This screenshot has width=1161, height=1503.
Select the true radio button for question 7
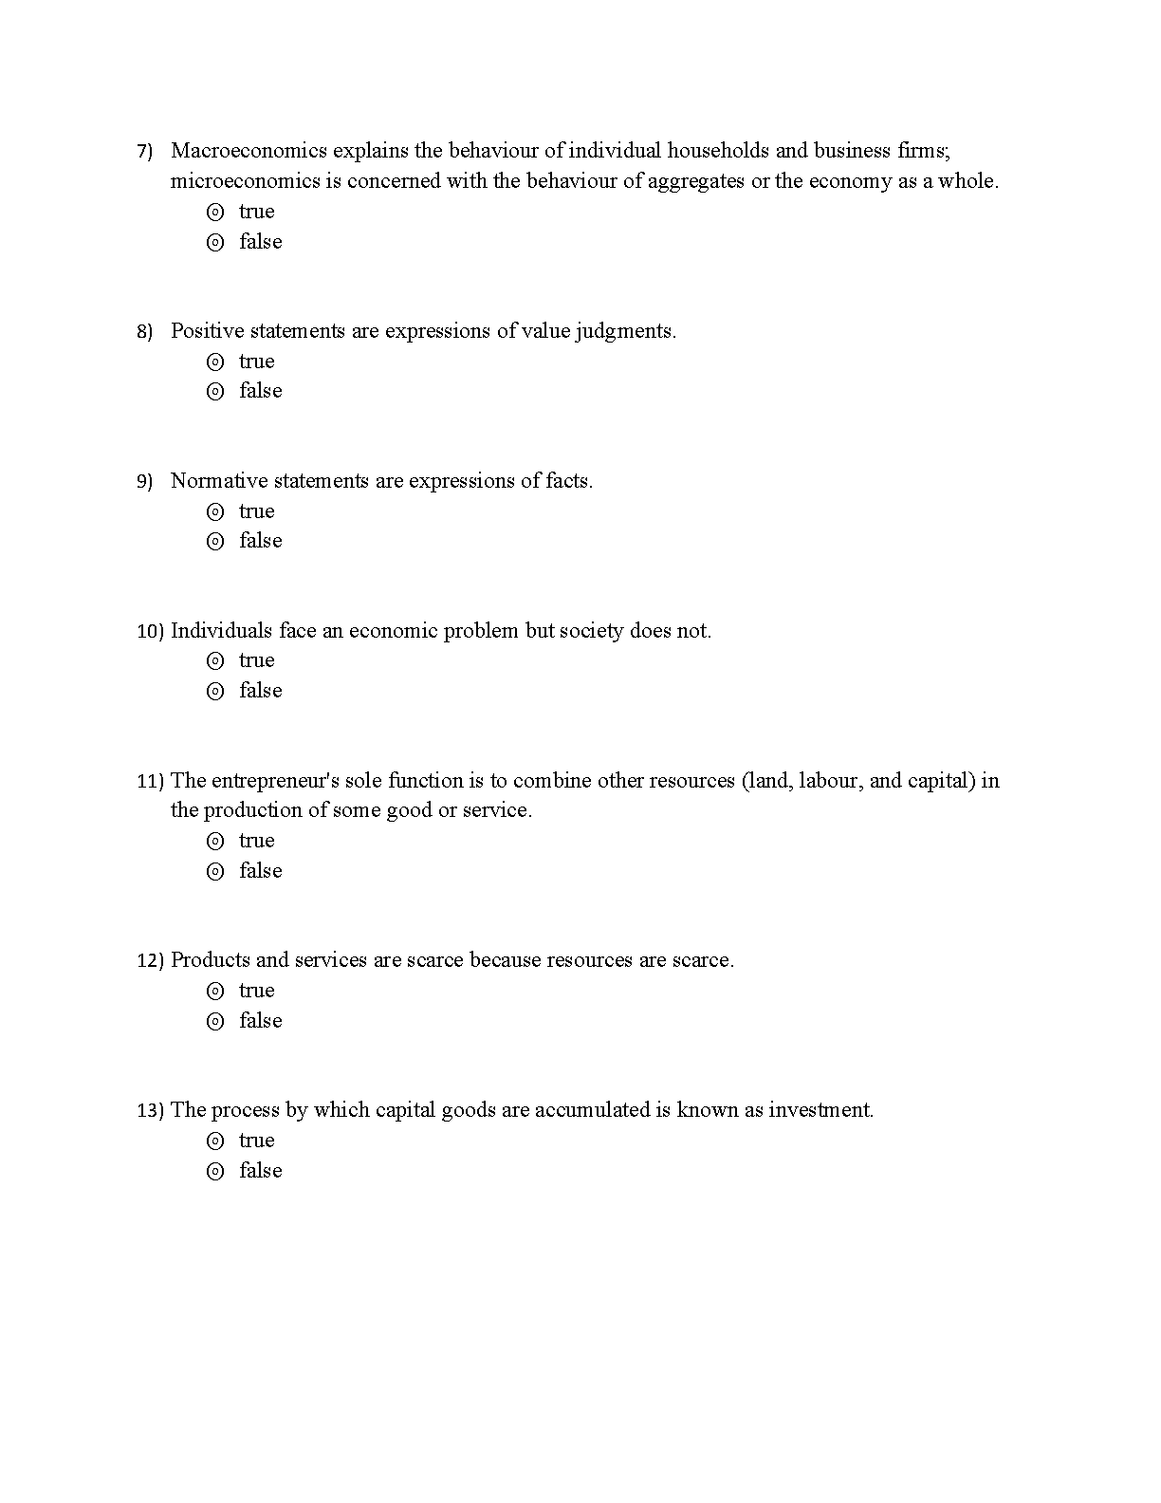coord(215,213)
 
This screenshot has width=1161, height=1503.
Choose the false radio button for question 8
coord(215,392)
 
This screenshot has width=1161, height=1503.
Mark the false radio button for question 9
coord(215,542)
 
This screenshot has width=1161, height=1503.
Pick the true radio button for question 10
coord(215,661)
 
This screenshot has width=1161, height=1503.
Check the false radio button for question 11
coord(215,872)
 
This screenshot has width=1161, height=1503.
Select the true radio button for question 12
coord(215,992)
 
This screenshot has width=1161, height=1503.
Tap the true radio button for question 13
coord(215,1141)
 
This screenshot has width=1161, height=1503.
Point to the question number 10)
coord(150,632)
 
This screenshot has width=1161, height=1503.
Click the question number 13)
coord(150,1111)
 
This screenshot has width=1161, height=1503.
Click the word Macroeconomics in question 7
coord(249,151)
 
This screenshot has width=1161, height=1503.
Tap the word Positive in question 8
coord(207,331)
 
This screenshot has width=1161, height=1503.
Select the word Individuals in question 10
coord(222,631)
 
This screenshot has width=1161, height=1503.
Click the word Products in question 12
coord(210,960)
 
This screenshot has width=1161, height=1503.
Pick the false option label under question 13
coord(261,1171)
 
